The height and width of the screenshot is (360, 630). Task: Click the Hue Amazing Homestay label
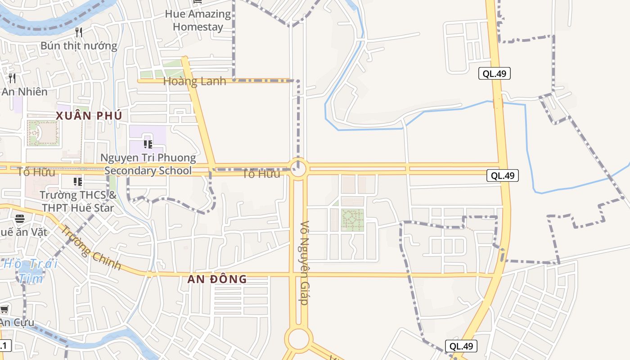(198, 20)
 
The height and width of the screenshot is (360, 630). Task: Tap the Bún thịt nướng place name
(79, 45)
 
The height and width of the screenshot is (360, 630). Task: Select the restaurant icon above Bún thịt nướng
(79, 32)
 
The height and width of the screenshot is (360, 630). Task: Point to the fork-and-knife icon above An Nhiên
(12, 78)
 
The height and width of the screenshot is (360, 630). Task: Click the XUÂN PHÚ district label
(89, 116)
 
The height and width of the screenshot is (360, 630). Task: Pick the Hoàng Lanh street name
(194, 81)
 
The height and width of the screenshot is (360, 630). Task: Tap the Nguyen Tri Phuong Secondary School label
(148, 164)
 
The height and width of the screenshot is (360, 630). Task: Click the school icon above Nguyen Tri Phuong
(147, 144)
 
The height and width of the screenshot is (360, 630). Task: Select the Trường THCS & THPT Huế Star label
(78, 202)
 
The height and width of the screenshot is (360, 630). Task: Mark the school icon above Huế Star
(78, 182)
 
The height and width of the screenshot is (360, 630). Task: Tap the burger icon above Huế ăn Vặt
(20, 219)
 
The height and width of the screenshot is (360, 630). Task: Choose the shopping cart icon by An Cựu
(4, 310)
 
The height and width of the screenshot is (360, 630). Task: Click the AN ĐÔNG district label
(217, 279)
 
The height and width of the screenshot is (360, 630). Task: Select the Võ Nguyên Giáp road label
(305, 263)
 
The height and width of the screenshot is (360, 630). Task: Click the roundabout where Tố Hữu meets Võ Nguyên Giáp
(298, 169)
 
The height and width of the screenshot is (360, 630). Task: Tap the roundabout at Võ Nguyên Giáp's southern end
(298, 339)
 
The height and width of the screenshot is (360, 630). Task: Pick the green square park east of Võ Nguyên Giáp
(352, 220)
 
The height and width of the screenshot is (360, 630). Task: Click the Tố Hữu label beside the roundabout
(261, 174)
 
